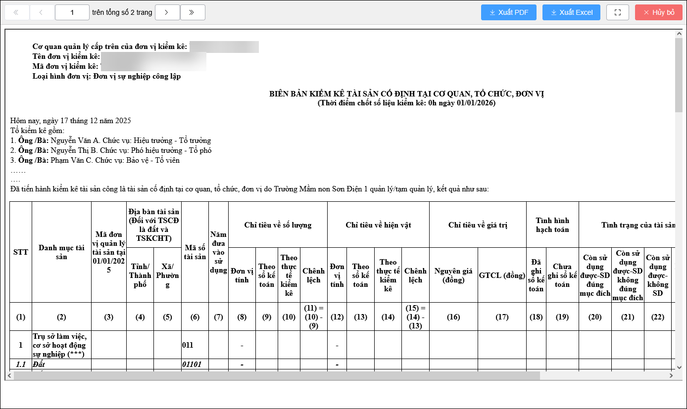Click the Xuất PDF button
click(508, 12)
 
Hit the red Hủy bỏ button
click(658, 12)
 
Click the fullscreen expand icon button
click(617, 12)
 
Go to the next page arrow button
click(167, 12)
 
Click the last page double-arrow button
click(193, 12)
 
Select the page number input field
click(72, 12)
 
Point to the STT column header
click(20, 252)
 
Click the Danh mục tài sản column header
click(61, 252)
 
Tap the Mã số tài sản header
click(195, 252)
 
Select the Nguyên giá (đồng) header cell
click(453, 275)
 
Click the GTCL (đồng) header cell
click(502, 275)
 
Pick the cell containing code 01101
click(193, 364)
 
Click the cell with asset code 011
click(188, 345)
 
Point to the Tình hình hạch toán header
click(552, 225)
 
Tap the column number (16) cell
click(453, 317)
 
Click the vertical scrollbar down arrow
click(679, 366)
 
